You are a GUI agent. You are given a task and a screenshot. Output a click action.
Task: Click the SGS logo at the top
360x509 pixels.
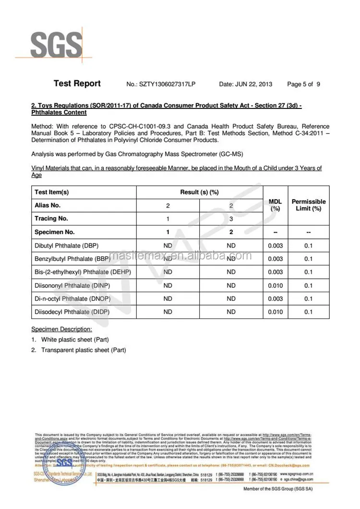coord(56,45)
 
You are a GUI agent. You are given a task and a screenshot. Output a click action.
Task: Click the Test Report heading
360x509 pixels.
coord(77,83)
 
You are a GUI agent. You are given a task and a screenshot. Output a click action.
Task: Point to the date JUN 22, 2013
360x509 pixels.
coord(245,84)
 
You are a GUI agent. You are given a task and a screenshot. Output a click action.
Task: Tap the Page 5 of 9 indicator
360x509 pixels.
coord(303,84)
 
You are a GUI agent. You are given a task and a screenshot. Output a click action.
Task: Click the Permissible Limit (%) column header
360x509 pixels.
coord(309,205)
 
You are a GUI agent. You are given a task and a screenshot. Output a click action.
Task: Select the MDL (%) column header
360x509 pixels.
coord(275,205)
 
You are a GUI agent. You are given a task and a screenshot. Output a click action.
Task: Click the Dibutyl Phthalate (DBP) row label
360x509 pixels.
coord(66,246)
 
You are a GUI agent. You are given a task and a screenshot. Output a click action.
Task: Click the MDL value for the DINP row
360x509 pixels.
coord(275,285)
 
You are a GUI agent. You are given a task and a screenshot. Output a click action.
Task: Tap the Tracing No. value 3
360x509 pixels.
coord(231,219)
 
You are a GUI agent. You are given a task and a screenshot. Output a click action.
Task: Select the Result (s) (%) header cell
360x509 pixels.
coord(199,192)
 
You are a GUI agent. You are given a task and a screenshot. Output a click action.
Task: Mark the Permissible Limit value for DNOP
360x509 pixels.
coord(309,299)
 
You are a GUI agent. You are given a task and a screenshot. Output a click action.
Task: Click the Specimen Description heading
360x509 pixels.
coord(61,330)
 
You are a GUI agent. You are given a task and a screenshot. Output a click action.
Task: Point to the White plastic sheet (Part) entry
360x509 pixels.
coord(75,340)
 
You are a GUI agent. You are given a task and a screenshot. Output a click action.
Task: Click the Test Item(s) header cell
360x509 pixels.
coord(52,192)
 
